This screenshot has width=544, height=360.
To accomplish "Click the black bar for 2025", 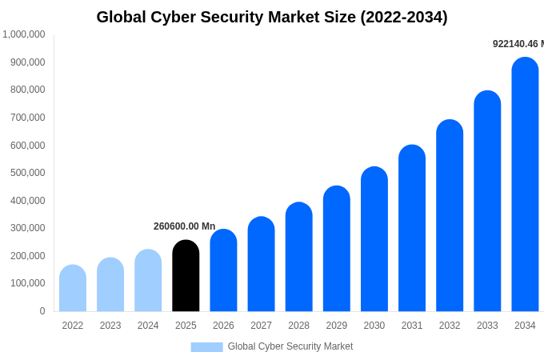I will (x=186, y=276).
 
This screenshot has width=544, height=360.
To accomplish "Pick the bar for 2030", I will (x=374, y=239).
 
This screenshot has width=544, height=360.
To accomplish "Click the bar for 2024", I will (x=148, y=281).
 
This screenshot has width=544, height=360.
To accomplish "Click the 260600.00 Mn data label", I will (x=185, y=226).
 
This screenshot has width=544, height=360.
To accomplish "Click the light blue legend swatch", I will (x=206, y=347).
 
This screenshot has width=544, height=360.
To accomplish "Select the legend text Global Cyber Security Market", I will (x=290, y=346).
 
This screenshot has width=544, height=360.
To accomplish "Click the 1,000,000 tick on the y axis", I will (x=24, y=34).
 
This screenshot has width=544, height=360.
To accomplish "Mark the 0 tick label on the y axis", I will (x=42, y=311).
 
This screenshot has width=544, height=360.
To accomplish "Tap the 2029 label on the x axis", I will (x=337, y=326).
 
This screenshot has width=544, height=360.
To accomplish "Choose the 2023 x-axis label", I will (x=110, y=326).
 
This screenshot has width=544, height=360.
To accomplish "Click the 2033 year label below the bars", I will (x=487, y=326).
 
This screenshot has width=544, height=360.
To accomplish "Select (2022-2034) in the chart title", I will (x=404, y=17).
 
